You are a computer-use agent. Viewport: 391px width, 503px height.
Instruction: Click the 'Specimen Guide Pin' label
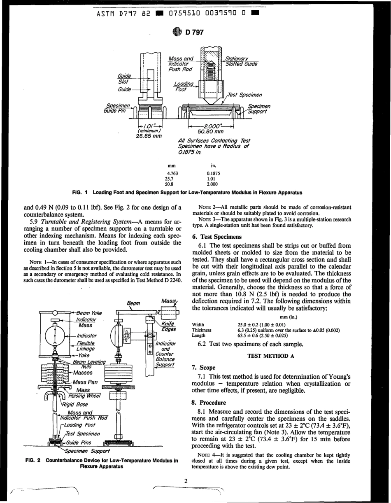click(x=115, y=107)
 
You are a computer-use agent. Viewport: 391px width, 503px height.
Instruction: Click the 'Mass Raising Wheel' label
click(x=86, y=393)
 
